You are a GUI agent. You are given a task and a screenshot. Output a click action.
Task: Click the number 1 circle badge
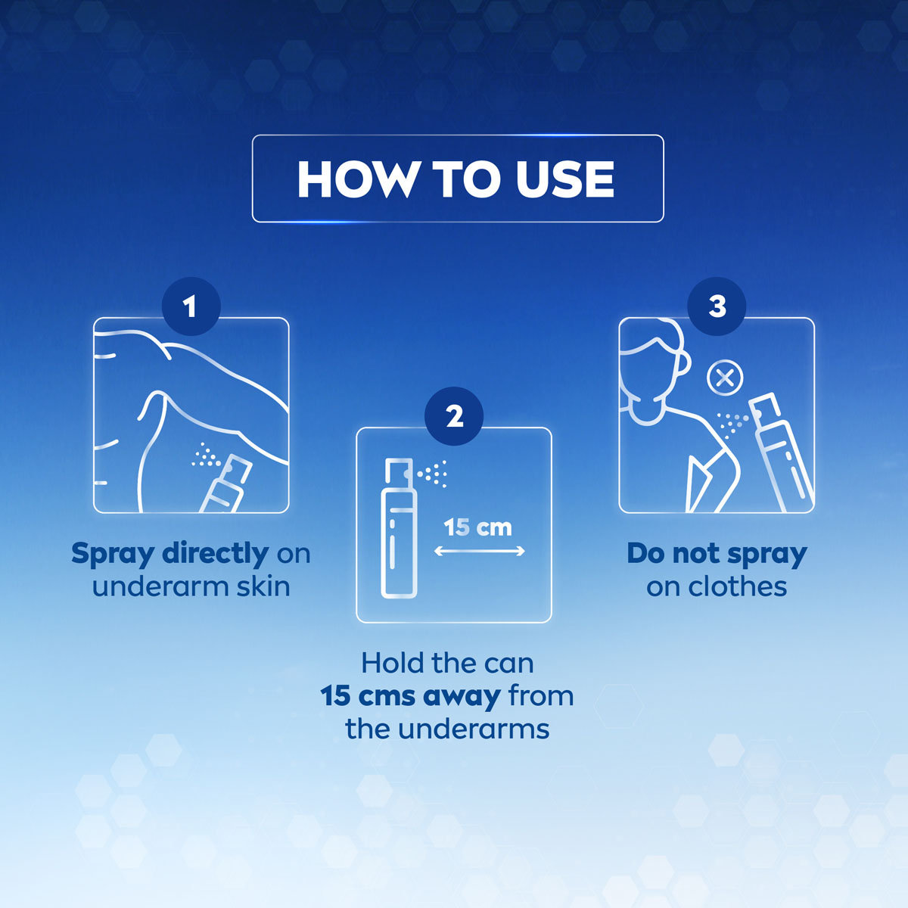coord(190,306)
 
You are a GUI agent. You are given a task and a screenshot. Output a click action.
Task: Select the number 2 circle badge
coord(454,416)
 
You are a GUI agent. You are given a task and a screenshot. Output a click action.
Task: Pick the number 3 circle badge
coord(717,306)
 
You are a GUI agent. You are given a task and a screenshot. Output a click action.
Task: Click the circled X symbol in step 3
coord(724,378)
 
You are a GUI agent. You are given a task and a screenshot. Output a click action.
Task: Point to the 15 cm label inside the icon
coord(477,527)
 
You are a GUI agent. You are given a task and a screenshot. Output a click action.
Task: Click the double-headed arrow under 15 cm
coord(479,552)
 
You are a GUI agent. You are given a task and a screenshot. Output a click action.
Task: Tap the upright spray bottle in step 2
coord(398,530)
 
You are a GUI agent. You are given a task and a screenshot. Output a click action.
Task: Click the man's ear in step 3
coord(683,363)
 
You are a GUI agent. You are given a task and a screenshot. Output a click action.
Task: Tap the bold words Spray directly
coord(169,553)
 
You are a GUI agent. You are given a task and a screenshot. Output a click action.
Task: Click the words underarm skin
coord(191,586)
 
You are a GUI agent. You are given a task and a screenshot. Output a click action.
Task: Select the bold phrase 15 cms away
coord(409,695)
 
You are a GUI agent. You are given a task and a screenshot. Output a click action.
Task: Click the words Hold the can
coord(447,663)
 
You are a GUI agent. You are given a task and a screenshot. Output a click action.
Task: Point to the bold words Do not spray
coord(717,553)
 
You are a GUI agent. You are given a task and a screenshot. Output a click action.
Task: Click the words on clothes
coord(717,586)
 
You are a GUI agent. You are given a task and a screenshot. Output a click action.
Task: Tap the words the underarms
coord(447,729)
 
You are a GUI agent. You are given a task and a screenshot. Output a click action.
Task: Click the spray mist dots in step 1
coord(205,456)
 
